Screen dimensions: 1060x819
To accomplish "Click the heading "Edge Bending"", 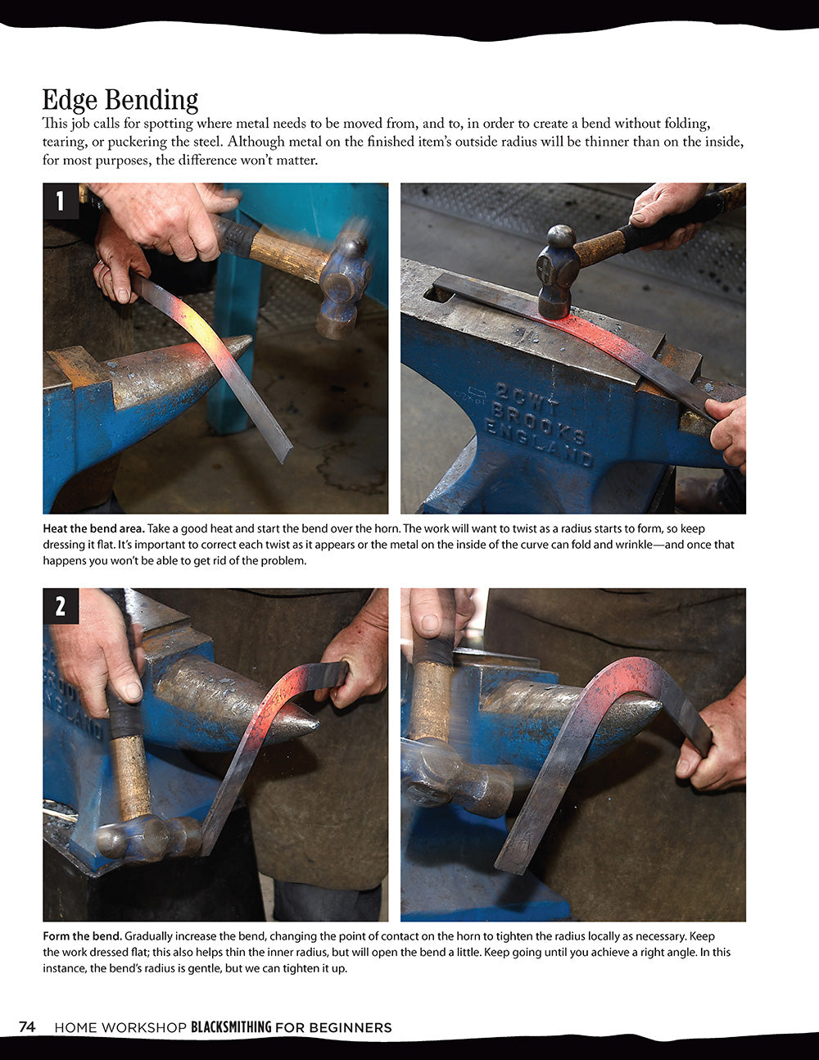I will [120, 100].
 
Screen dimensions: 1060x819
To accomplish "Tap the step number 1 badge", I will [61, 201].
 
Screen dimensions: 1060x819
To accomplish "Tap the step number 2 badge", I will [61, 606].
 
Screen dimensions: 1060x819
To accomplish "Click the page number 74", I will [27, 1027].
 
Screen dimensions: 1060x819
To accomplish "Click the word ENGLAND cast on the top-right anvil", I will [539, 443].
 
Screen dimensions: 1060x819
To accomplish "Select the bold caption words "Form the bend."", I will [82, 935].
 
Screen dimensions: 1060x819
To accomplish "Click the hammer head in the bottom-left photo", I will [147, 837].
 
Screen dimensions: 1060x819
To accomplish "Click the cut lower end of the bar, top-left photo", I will [283, 453].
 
